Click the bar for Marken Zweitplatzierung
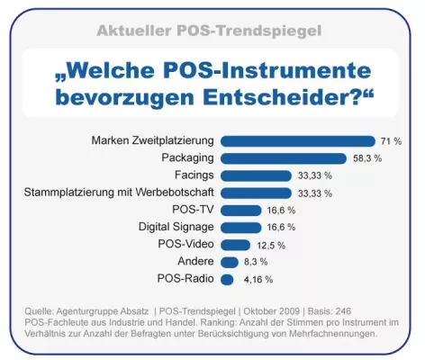click(297, 141)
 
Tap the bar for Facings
click(256, 175)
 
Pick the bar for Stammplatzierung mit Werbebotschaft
click(256, 193)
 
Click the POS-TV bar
click(239, 210)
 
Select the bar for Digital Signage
click(239, 227)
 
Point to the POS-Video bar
click(235, 245)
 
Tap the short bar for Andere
click(230, 262)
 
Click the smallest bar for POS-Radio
click(226, 279)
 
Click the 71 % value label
click(391, 142)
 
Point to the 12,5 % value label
click(269, 245)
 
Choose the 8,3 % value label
click(259, 263)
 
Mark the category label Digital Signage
click(176, 227)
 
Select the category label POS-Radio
click(185, 279)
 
